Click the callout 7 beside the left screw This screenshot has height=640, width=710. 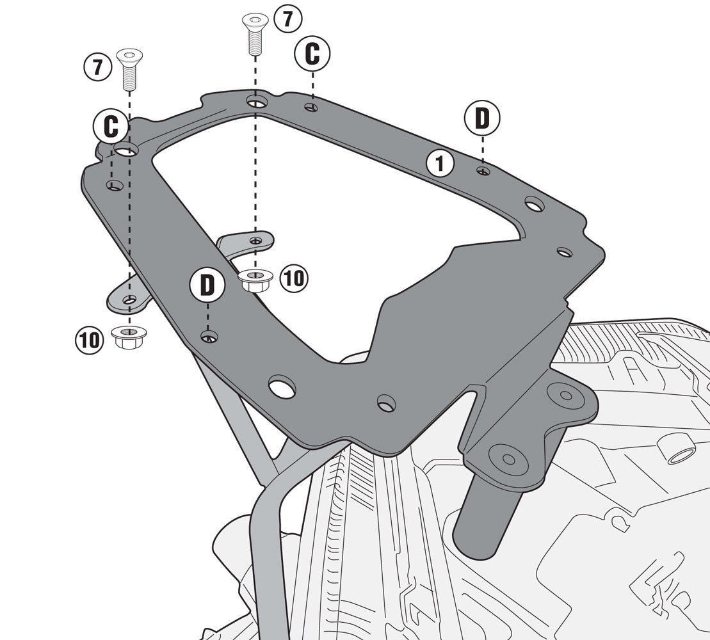click(x=97, y=67)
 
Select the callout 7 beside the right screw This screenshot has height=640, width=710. click(x=287, y=19)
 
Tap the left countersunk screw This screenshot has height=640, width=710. click(x=129, y=68)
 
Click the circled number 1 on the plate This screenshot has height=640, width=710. click(x=440, y=164)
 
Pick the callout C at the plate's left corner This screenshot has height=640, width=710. click(x=111, y=127)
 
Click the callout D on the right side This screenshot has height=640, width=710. click(x=482, y=118)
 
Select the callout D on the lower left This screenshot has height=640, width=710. click(x=207, y=286)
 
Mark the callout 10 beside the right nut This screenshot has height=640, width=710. click(x=294, y=278)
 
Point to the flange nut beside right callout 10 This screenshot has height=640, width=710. click(x=255, y=280)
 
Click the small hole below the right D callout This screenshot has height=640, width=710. click(x=483, y=171)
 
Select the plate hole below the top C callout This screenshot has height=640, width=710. click(x=311, y=107)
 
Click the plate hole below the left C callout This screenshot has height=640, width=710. click(x=114, y=186)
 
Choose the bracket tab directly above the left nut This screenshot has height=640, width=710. click(x=128, y=299)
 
